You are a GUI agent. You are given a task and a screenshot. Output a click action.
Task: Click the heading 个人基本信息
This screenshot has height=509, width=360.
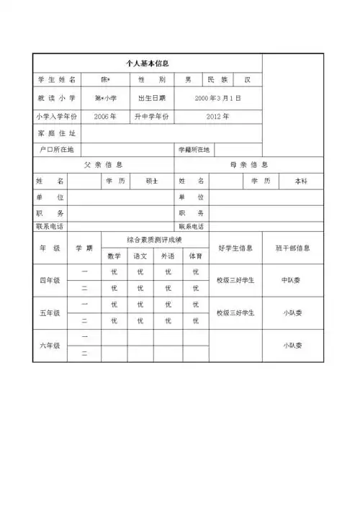click(x=147, y=63)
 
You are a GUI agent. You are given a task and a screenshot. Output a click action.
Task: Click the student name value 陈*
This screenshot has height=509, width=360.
click(x=105, y=79)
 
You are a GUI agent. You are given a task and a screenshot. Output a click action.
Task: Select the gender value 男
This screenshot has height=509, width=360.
click(x=188, y=79)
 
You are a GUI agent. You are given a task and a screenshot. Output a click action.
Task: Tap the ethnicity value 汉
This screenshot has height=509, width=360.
click(x=247, y=79)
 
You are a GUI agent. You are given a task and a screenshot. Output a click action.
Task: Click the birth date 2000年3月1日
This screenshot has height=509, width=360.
click(x=217, y=97)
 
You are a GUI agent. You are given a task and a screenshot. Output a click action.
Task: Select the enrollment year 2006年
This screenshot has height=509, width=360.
click(x=105, y=115)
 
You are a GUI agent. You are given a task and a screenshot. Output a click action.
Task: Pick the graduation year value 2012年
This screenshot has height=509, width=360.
click(x=217, y=115)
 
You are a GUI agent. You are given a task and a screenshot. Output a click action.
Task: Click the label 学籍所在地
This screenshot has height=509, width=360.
click(x=194, y=150)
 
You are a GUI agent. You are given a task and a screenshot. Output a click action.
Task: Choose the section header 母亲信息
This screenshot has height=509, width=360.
click(x=248, y=164)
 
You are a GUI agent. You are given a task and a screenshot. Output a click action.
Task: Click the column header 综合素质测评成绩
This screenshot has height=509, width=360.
click(x=154, y=239)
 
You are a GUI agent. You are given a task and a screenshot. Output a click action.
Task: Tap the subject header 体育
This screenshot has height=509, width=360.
click(x=195, y=256)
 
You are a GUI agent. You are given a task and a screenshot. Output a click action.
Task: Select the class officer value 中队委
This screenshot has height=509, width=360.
click(x=292, y=280)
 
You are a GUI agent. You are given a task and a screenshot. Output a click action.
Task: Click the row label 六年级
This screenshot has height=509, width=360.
click(x=50, y=346)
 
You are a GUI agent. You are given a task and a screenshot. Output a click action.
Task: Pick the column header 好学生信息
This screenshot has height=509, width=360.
click(x=235, y=248)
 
